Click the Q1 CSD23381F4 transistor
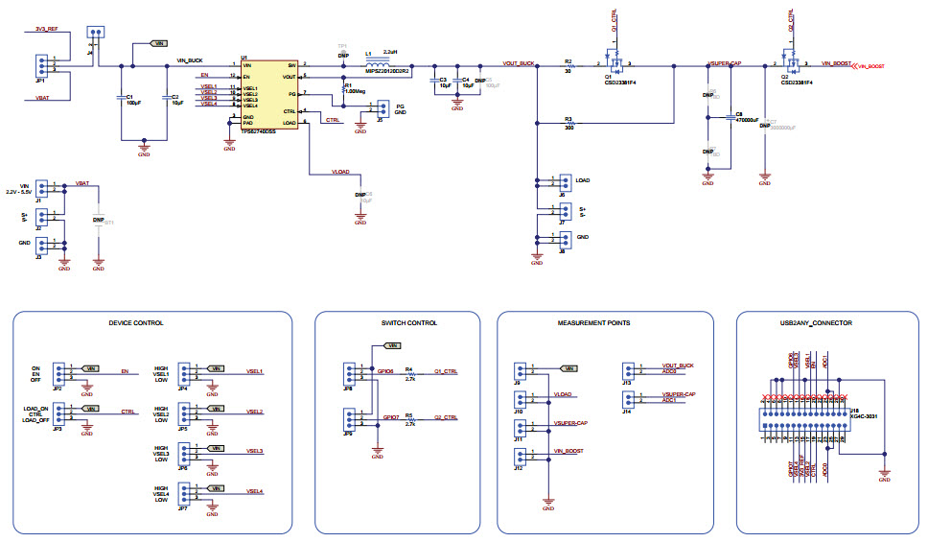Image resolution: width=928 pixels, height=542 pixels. click(x=615, y=61)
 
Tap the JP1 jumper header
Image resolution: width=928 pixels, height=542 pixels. click(x=40, y=65)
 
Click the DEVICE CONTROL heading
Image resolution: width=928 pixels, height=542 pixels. click(x=135, y=323)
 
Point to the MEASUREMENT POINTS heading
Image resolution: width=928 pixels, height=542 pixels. click(x=593, y=323)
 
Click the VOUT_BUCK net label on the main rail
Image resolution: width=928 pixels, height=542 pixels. click(x=518, y=62)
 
